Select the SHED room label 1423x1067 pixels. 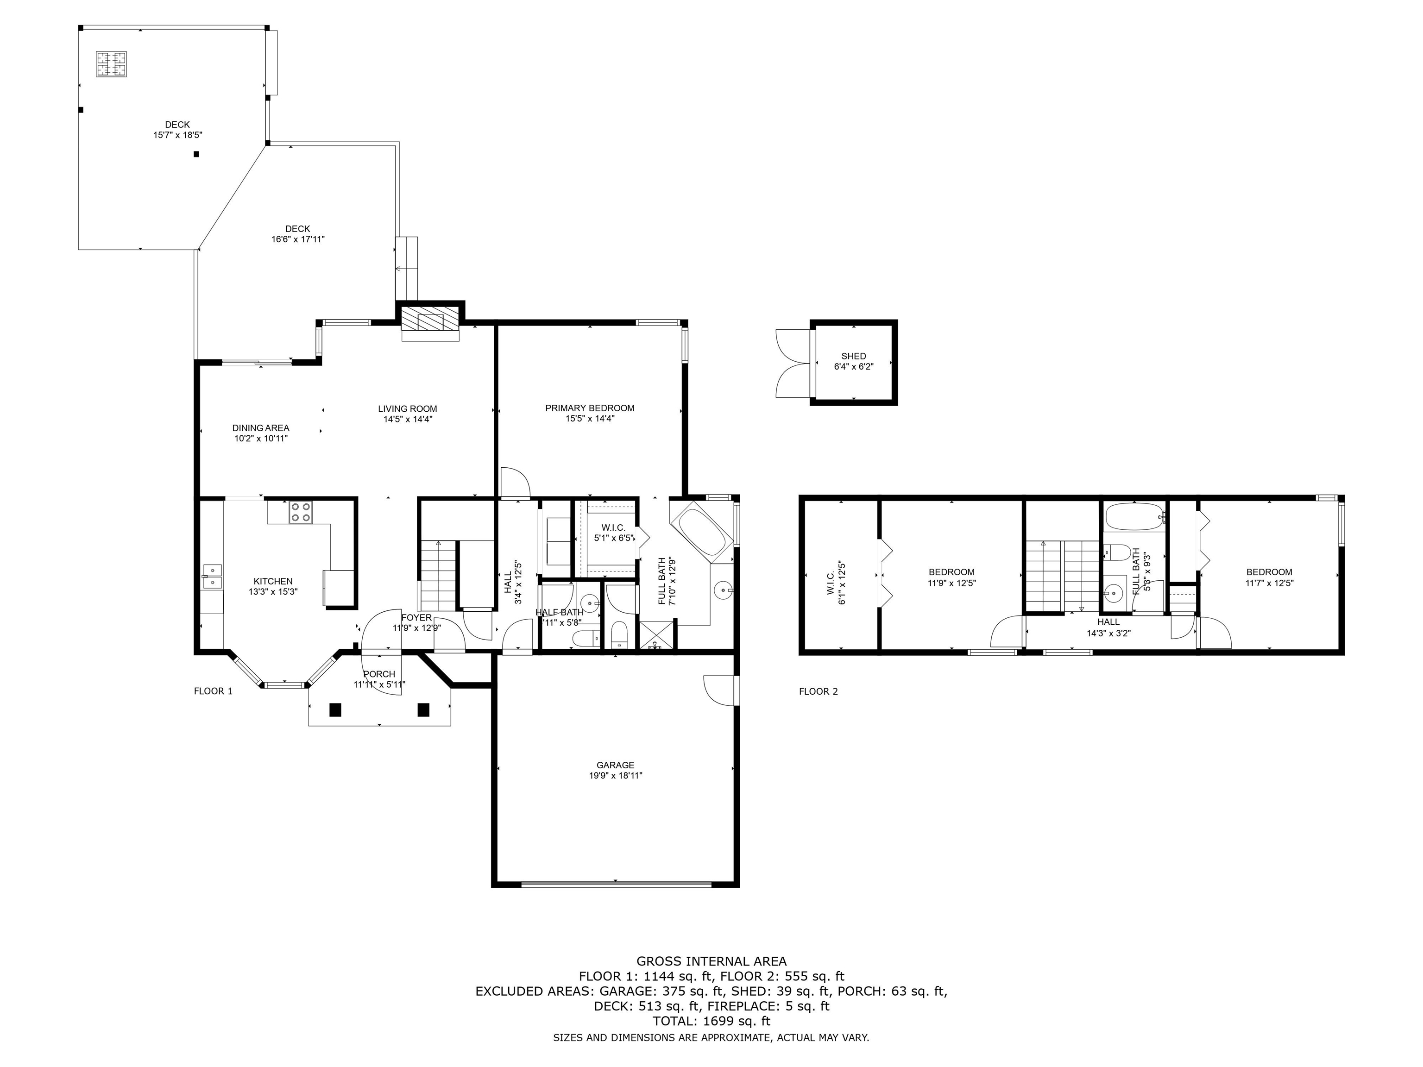click(854, 356)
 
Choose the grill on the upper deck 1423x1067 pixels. click(111, 64)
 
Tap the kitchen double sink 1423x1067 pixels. click(212, 576)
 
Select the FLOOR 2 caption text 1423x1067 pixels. click(819, 691)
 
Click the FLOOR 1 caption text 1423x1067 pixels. click(213, 691)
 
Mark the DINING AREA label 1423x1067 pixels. click(260, 428)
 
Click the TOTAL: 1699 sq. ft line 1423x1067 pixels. click(711, 1021)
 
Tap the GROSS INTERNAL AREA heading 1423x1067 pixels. click(711, 961)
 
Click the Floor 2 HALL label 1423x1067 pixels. click(1108, 622)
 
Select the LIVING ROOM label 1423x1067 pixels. click(407, 409)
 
